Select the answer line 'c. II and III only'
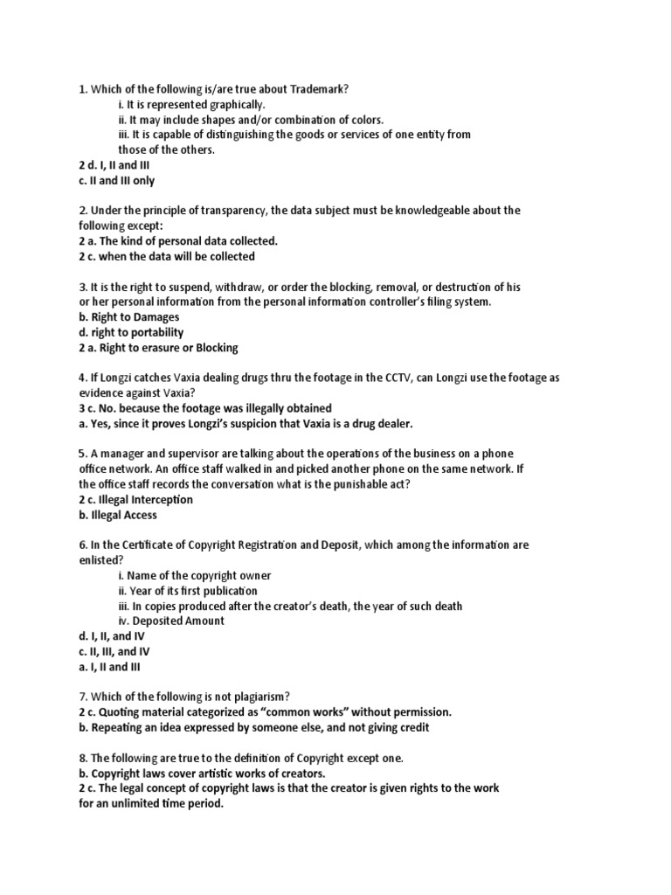point(116,181)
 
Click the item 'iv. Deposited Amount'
point(171,621)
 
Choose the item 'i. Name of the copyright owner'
point(195,575)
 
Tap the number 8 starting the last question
point(81,757)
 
